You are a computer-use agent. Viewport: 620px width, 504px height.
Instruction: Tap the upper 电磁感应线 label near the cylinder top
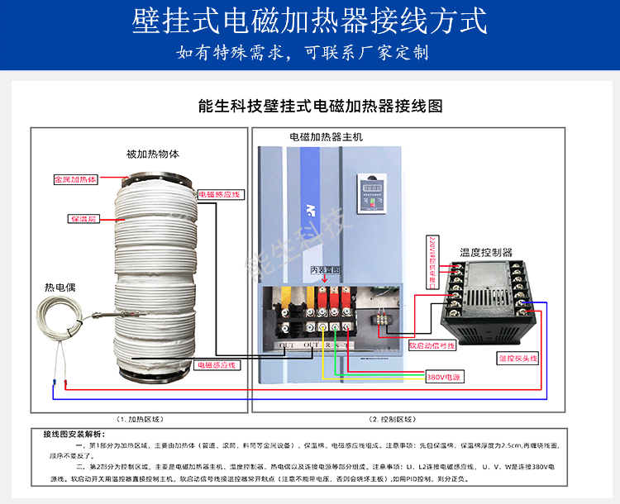coord(219,194)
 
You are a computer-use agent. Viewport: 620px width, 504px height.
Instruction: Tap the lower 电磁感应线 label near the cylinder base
coord(215,364)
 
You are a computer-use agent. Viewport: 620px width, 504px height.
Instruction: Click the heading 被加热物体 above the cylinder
coord(153,154)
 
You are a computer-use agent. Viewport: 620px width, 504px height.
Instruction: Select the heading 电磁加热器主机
coord(326,136)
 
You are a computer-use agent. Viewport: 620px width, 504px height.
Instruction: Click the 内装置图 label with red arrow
coord(325,270)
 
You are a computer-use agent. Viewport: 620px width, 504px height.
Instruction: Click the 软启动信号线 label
coord(432,345)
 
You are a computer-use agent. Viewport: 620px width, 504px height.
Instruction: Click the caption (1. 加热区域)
coord(140,419)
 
